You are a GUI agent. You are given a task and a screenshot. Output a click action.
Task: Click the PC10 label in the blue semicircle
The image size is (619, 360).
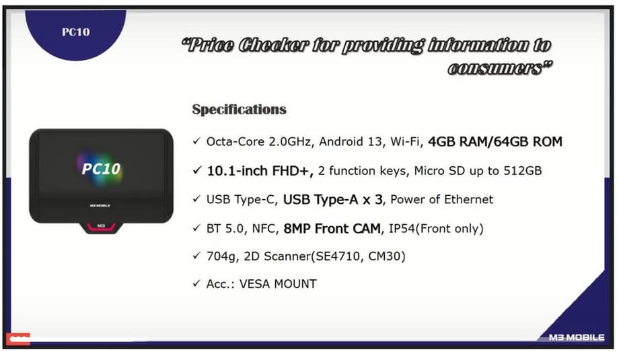(76, 32)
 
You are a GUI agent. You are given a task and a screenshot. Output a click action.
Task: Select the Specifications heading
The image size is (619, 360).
(240, 109)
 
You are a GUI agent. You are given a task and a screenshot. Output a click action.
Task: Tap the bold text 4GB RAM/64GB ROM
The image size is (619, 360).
(495, 141)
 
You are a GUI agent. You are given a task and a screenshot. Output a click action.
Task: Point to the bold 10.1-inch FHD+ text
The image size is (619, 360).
(260, 170)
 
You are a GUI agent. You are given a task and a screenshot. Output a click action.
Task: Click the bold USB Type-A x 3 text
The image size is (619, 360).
(333, 199)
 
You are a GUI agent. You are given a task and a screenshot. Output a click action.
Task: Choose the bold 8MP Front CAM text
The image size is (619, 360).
(332, 228)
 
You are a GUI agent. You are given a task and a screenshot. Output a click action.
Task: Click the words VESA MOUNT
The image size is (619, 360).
(278, 284)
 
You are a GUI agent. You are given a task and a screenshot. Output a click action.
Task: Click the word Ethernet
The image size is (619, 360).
(470, 199)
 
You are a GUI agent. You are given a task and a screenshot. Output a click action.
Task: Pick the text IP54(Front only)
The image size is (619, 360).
(436, 229)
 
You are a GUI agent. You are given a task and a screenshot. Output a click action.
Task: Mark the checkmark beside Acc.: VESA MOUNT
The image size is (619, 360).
(196, 283)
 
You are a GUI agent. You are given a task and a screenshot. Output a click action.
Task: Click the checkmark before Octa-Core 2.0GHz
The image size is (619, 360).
(196, 141)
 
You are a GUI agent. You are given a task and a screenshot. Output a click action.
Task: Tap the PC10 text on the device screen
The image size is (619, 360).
(101, 169)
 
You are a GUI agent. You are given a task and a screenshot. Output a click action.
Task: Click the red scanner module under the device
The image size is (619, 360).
(101, 227)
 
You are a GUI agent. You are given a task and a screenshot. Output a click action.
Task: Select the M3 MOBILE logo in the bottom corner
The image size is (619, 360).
(577, 338)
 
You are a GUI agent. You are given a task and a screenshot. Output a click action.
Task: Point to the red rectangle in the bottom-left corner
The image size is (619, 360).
(18, 339)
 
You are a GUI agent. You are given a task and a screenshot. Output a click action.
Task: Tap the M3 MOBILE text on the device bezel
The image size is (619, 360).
(100, 206)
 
